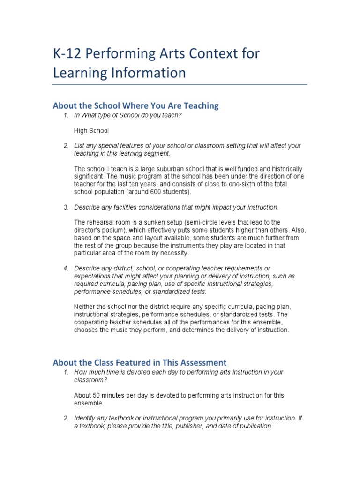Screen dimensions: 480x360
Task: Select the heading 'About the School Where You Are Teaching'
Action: click(135, 105)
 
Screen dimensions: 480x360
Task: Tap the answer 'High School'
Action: click(91, 130)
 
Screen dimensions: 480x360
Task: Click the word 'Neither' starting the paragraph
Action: click(85, 307)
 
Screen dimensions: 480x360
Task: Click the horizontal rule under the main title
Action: click(180, 84)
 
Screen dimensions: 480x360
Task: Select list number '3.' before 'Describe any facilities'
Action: click(67, 207)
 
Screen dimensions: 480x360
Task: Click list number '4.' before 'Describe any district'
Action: click(67, 269)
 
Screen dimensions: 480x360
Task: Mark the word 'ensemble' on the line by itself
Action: click(88, 403)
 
